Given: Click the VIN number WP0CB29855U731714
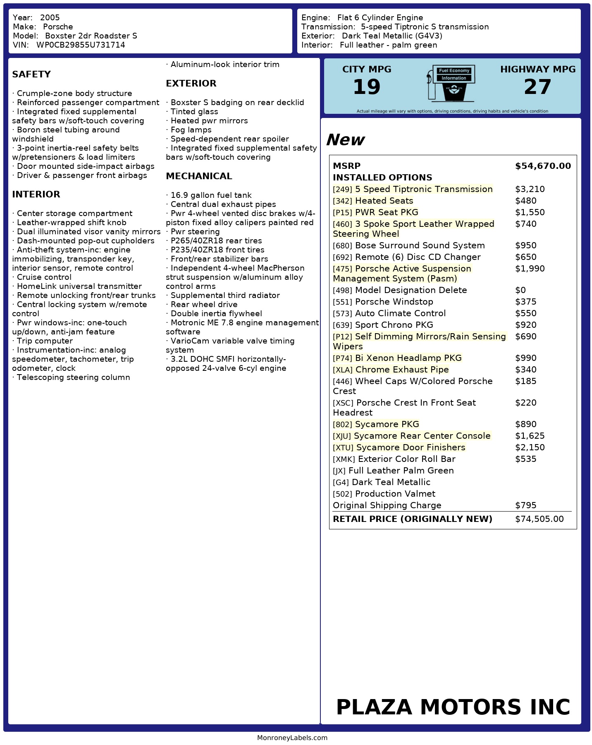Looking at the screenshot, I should [x=81, y=45].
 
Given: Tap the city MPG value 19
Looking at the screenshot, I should [x=366, y=87].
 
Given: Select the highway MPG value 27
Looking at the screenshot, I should [x=537, y=87].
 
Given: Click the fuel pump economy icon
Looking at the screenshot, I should [x=451, y=83].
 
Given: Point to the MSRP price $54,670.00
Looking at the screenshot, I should [x=543, y=166].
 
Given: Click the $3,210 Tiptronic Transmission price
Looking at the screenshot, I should [x=530, y=189].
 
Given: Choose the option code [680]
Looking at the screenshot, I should [x=342, y=246].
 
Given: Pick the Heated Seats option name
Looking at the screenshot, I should [x=384, y=201].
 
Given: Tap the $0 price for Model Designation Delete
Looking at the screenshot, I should [x=520, y=290].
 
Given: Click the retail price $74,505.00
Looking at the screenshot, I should [x=539, y=519].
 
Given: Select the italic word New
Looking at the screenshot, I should [x=345, y=140].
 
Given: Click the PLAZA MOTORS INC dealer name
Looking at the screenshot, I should [x=453, y=707].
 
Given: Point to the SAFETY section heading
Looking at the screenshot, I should [x=31, y=74].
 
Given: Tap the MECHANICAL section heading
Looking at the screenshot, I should [x=199, y=176].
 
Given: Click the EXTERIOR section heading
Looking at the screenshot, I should [x=191, y=84].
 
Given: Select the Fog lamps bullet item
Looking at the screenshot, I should [x=191, y=130].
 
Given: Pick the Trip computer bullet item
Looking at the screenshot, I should [x=44, y=341].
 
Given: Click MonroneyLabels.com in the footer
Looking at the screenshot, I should [x=292, y=738].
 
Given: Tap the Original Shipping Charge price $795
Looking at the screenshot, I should [x=525, y=505].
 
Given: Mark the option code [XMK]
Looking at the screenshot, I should [x=344, y=459].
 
